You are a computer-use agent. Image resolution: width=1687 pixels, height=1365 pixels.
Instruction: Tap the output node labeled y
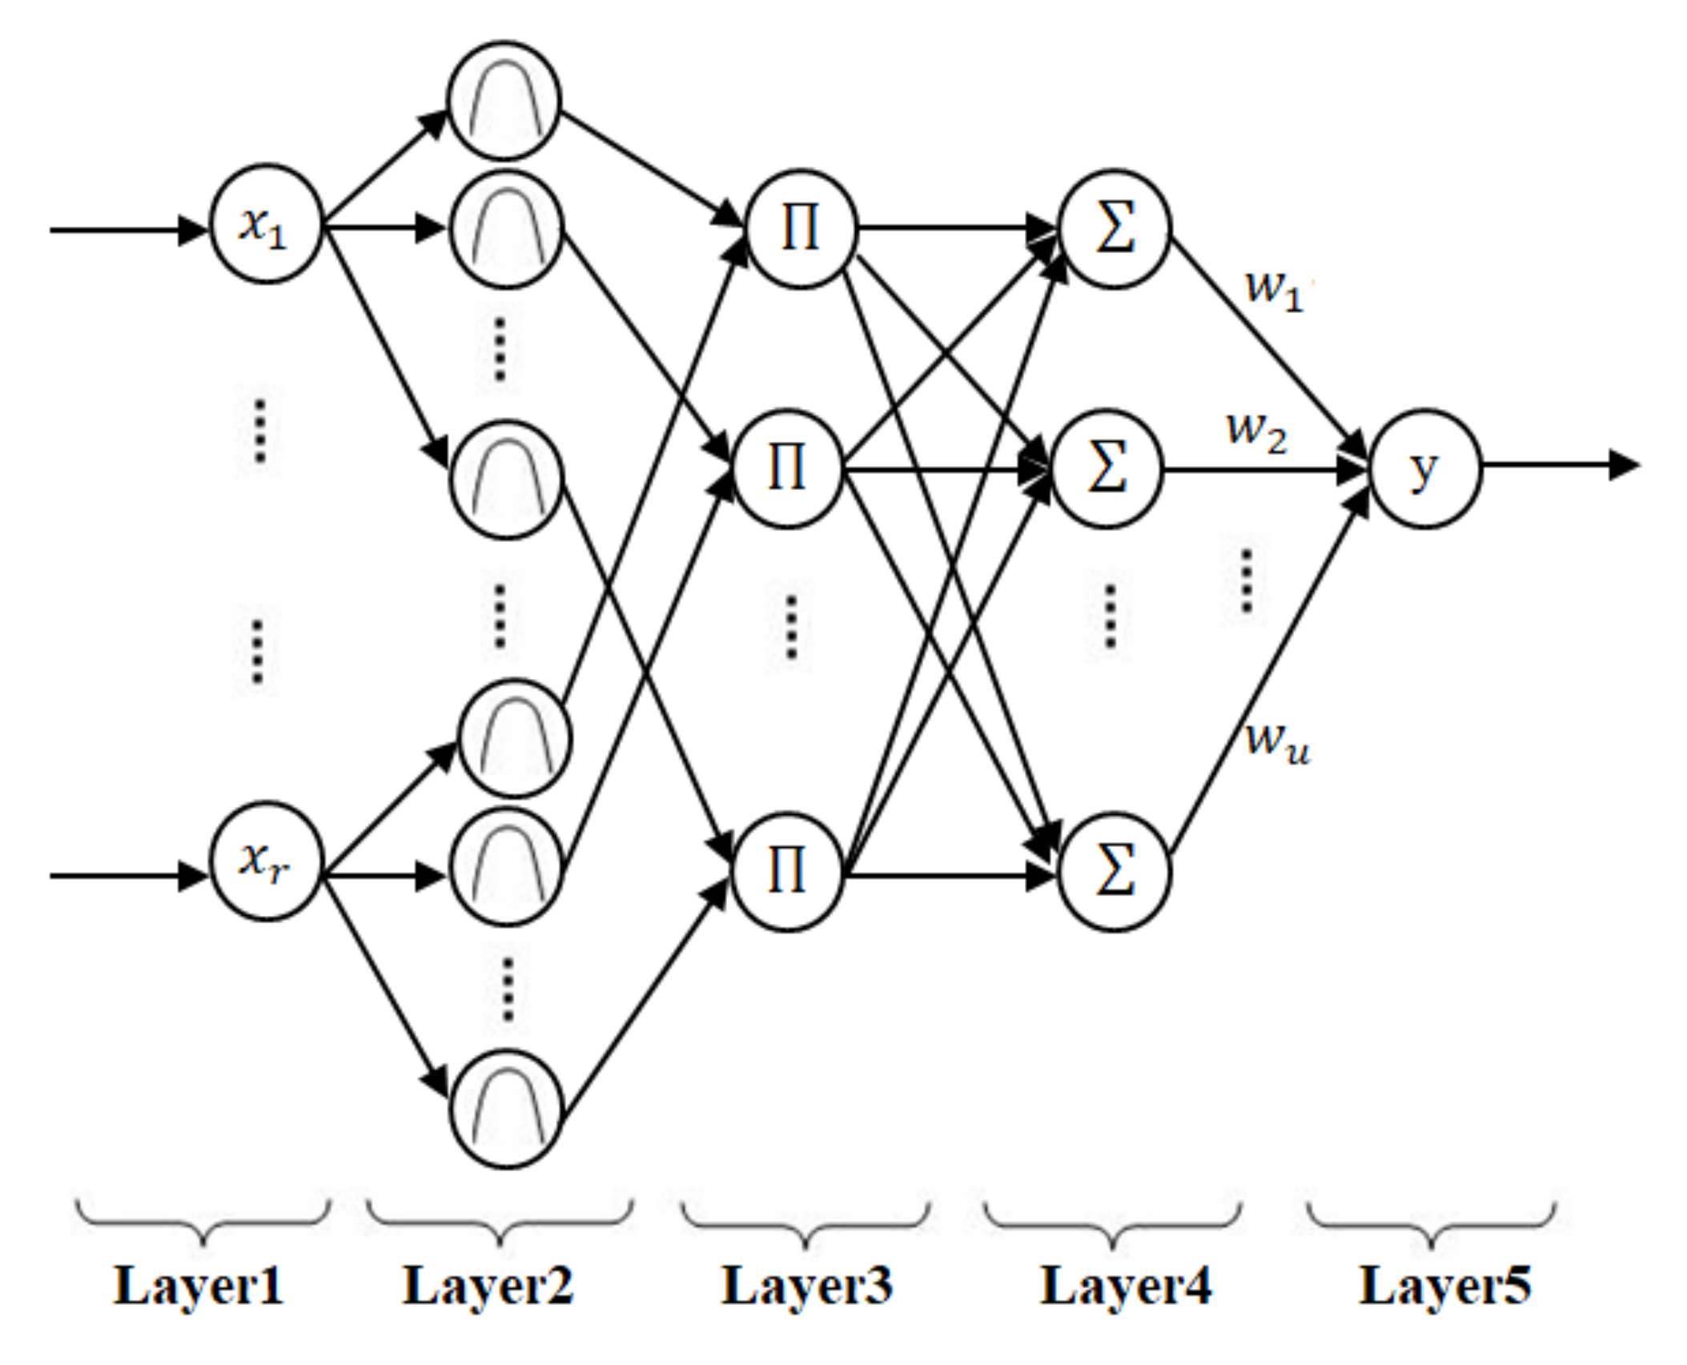click(1424, 469)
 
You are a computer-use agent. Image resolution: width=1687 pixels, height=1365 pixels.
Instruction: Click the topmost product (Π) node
click(801, 229)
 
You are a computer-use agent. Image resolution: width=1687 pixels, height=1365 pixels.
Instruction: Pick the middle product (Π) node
click(787, 469)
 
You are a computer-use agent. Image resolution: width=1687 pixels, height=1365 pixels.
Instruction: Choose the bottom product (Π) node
click(787, 873)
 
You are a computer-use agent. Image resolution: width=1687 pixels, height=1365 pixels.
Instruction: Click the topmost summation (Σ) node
click(1115, 229)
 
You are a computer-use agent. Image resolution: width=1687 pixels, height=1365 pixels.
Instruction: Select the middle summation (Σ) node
click(1107, 469)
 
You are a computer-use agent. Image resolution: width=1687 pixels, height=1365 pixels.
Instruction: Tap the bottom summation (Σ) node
click(1115, 873)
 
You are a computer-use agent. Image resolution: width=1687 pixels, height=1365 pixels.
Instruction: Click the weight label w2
click(1256, 433)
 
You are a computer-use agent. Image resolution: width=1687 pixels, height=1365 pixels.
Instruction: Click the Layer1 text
click(199, 1287)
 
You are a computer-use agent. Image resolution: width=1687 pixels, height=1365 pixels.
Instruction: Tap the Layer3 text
click(806, 1287)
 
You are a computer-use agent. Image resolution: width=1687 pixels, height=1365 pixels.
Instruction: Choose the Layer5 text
click(1445, 1287)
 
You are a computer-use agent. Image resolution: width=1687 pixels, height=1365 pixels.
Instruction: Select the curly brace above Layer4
click(1113, 1222)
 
